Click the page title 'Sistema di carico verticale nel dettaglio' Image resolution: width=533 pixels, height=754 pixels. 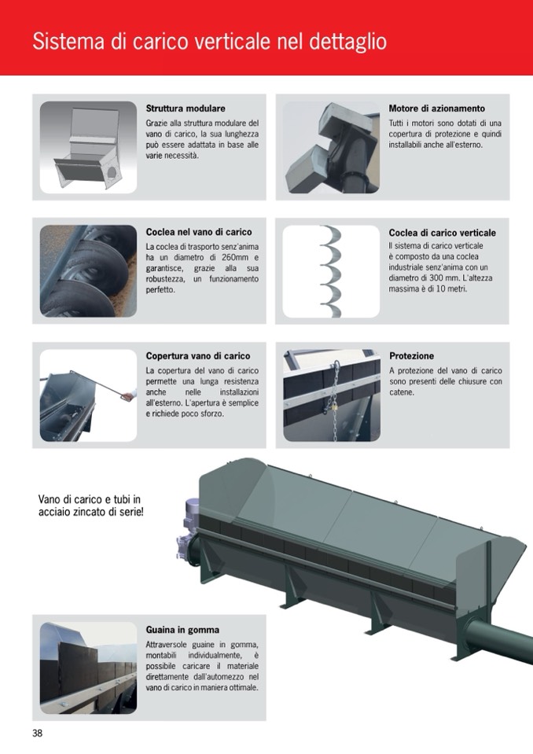[210, 42]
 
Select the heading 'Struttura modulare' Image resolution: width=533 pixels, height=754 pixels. [186, 109]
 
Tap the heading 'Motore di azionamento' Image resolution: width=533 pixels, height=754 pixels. [437, 109]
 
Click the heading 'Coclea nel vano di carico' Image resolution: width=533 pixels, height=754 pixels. [199, 232]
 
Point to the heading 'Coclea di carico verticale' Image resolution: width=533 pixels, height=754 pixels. [442, 233]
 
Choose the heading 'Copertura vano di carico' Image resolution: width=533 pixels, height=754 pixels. [198, 356]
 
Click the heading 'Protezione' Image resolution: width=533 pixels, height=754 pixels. [411, 356]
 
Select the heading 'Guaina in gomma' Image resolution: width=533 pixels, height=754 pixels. [182, 630]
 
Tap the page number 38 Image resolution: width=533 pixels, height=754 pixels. [38, 733]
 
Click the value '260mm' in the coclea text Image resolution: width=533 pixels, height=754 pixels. [232, 257]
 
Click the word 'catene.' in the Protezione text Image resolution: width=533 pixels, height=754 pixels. [401, 392]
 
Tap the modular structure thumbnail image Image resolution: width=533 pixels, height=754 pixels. [88, 147]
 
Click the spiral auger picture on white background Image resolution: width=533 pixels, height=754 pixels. [331, 271]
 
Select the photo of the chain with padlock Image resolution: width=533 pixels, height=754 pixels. [332, 395]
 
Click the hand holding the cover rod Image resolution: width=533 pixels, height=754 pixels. [128, 395]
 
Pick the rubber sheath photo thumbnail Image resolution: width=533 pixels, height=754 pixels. [88, 668]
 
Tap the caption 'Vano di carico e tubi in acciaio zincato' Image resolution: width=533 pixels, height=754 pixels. [90, 506]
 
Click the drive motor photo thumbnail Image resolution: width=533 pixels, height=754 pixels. [331, 147]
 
